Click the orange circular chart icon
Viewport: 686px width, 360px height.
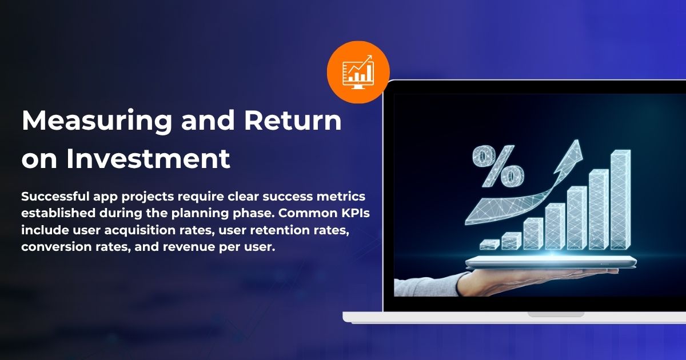point(358,73)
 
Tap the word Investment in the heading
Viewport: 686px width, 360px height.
point(148,159)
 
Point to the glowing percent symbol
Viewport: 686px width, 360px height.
point(497,167)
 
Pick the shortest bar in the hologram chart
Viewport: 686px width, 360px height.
point(490,244)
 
